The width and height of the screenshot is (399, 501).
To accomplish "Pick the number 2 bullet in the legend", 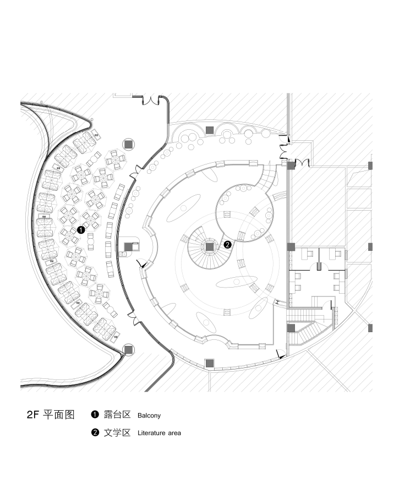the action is (95, 433).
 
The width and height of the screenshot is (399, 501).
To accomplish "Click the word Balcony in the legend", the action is (149, 415).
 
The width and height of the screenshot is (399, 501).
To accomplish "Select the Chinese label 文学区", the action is (117, 433).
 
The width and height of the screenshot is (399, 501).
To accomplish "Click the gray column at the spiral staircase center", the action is (210, 246).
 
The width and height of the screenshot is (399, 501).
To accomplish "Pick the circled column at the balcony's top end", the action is (128, 144).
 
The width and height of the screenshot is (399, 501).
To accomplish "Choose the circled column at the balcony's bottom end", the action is (128, 349).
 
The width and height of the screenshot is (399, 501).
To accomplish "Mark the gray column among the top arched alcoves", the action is (210, 130).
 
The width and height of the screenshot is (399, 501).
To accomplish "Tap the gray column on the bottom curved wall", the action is (210, 362).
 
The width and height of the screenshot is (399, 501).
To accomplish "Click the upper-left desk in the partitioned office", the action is (309, 254).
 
